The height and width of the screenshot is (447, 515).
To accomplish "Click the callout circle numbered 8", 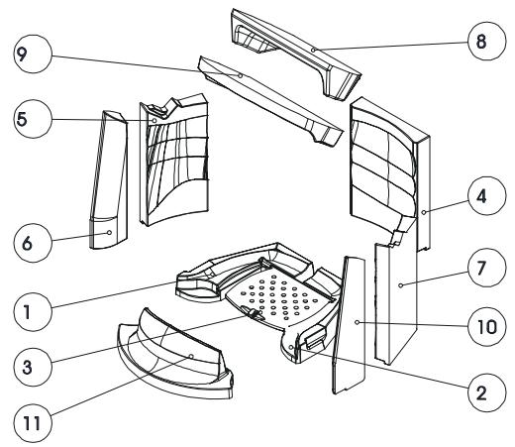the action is [x=486, y=41].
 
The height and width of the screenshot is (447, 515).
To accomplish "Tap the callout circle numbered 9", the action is [x=33, y=54].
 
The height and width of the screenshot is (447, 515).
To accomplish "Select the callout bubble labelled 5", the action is [x=33, y=119].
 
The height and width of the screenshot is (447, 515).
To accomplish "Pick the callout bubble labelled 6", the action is [x=33, y=243].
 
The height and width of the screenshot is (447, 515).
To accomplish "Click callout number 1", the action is [x=33, y=311].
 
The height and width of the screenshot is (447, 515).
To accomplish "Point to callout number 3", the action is [x=33, y=367].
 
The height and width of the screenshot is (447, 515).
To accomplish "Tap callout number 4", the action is [x=486, y=196].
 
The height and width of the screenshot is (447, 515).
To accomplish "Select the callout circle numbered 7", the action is [x=486, y=268].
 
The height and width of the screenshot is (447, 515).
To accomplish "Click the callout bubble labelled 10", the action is [x=486, y=326].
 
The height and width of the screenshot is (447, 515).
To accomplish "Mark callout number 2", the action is [x=486, y=392].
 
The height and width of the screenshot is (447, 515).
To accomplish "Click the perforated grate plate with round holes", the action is [x=280, y=297].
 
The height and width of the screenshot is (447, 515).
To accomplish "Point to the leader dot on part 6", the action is [x=109, y=233].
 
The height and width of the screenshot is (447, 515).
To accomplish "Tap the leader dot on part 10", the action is [x=357, y=322].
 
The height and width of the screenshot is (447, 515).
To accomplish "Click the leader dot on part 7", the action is [x=401, y=285].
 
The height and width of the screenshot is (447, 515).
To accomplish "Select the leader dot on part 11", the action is [x=191, y=356].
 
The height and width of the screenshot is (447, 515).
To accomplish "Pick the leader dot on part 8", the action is [x=313, y=50].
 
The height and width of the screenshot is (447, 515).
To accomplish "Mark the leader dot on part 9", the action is [x=241, y=75].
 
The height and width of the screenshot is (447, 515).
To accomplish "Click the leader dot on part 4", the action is [x=424, y=212].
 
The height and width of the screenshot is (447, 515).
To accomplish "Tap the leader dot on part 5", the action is [x=154, y=121].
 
